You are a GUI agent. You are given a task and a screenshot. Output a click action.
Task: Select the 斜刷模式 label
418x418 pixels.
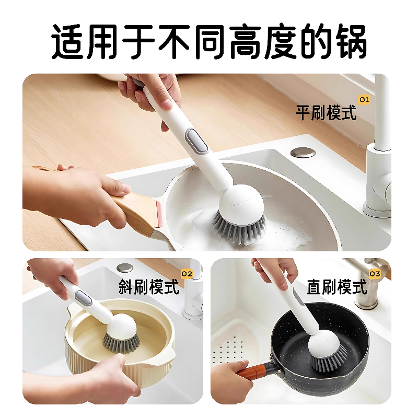(149, 286)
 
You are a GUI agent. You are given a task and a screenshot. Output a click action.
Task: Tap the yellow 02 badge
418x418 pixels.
(187, 273)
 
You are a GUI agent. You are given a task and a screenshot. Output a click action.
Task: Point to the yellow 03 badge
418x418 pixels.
(375, 273)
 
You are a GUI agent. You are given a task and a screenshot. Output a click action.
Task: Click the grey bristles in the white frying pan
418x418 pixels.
(238, 226)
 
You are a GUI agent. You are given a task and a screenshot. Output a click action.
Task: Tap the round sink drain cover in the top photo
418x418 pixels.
(303, 153)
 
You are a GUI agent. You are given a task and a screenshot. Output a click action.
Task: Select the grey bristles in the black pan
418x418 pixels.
(329, 362)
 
